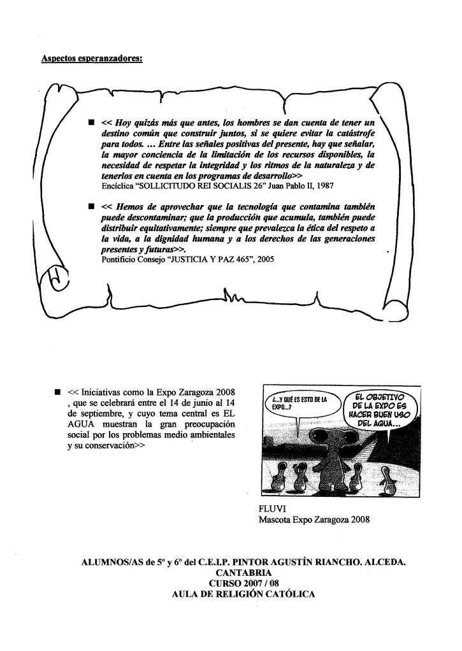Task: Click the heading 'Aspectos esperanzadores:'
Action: tap(91, 60)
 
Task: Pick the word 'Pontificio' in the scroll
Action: tap(120, 268)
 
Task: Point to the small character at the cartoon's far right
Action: tap(385, 478)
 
